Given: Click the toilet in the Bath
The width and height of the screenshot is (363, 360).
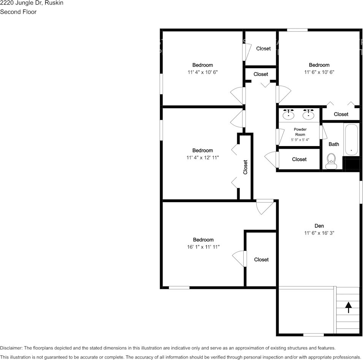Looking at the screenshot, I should (331, 161).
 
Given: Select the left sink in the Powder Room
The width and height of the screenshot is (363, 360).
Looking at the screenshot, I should (289, 114).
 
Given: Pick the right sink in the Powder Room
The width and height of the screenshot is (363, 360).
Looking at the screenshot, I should (309, 114).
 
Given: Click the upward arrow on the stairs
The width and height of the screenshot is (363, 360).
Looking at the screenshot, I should (348, 307).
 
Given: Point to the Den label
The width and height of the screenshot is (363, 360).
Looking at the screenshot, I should (319, 226).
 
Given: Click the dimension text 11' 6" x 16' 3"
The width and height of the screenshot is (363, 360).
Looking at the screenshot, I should (319, 233).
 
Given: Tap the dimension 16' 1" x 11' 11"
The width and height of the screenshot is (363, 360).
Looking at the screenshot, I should (203, 247).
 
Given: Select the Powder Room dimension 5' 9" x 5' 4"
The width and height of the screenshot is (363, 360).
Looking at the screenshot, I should (300, 140).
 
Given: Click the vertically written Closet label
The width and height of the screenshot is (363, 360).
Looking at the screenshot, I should (245, 167).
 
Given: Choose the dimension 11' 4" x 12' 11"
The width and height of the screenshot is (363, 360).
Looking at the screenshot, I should (203, 158).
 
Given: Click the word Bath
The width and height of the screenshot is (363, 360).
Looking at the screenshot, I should (334, 144).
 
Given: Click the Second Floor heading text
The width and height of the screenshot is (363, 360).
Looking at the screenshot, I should (18, 12).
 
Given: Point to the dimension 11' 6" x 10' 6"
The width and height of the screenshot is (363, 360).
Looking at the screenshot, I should (319, 72).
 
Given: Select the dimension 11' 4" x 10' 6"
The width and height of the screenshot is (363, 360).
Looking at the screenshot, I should (203, 72).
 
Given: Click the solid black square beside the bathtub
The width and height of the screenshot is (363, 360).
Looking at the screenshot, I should (351, 163).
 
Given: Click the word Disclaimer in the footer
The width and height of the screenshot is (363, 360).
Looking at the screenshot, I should (11, 348).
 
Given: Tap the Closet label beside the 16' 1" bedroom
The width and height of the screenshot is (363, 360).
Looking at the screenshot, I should (261, 260).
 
